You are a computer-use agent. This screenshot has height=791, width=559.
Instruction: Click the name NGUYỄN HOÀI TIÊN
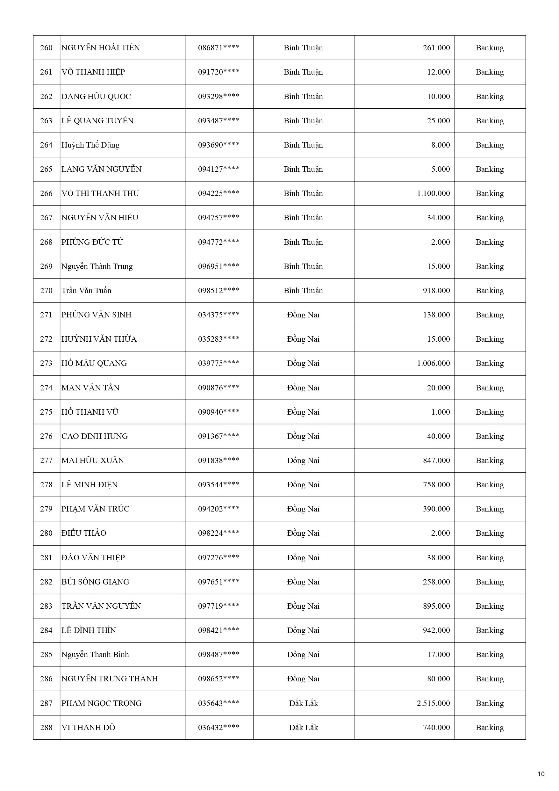[101, 48]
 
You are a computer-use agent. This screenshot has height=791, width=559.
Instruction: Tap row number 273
[46, 363]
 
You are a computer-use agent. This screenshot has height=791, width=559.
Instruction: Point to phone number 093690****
[219, 145]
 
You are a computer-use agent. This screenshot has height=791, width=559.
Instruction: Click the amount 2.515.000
[433, 703]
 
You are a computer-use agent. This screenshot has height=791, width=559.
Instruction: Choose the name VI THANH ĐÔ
[88, 728]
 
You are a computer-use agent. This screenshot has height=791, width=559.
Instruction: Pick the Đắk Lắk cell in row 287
[304, 703]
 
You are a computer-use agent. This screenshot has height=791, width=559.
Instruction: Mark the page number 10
[541, 774]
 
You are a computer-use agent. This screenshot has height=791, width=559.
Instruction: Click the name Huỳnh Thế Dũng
[90, 145]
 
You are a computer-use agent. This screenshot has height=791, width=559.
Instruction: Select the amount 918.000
[436, 291]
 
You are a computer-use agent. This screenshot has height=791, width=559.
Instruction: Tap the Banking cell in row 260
[490, 48]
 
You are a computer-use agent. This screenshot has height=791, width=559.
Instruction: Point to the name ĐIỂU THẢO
[84, 533]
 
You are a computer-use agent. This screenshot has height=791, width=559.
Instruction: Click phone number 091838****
[219, 461]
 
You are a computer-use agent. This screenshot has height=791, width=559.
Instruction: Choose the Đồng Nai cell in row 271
[304, 315]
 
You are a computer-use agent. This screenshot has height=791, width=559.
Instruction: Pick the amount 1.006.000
[433, 363]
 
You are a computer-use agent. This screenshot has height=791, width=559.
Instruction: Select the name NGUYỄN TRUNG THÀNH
[110, 679]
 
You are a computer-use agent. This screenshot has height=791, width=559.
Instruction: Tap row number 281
[46, 558]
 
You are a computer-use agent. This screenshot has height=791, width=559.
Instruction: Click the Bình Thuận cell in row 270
[304, 291]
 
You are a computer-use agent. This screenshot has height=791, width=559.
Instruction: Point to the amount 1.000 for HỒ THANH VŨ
[441, 412]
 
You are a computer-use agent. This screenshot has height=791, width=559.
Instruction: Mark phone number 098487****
[219, 655]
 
